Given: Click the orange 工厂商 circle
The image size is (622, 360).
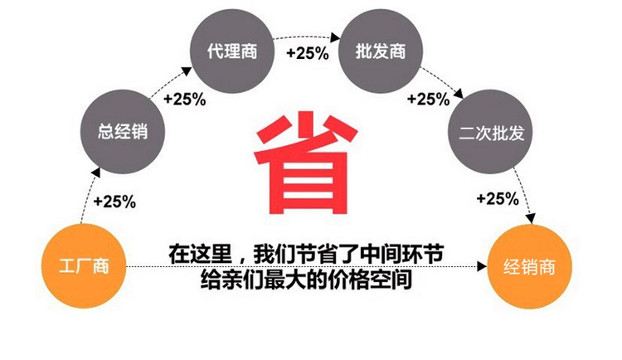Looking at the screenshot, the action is [84, 266].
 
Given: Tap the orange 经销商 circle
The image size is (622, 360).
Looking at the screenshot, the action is [530, 266].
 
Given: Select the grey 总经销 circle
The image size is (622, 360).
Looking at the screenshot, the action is [123, 131].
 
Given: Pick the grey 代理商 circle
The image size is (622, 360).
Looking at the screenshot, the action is [232, 51].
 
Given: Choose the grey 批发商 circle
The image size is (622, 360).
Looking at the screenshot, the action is [381, 51].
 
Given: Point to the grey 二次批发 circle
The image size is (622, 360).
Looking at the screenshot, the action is [491, 131].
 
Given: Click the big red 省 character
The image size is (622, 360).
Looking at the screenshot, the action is [305, 163].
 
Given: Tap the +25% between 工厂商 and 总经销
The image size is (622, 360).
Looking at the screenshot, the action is [114, 202].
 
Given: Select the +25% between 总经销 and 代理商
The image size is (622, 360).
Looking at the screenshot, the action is [185, 99].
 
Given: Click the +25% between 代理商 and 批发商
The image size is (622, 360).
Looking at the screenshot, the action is [308, 53].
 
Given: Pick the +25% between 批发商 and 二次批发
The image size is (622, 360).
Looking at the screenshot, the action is [429, 99].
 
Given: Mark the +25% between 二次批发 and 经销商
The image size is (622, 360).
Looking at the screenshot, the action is [498, 198].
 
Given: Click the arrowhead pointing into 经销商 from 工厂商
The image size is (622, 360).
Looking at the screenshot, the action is [482, 266].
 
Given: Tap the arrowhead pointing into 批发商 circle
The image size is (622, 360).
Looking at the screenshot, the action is [336, 37].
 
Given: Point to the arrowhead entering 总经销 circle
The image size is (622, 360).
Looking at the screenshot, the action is [96, 173].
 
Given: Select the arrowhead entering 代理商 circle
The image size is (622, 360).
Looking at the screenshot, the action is [187, 72].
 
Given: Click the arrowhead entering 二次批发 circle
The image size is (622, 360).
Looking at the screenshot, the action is [459, 94].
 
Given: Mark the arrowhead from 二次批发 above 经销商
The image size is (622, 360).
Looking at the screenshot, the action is [531, 218].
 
